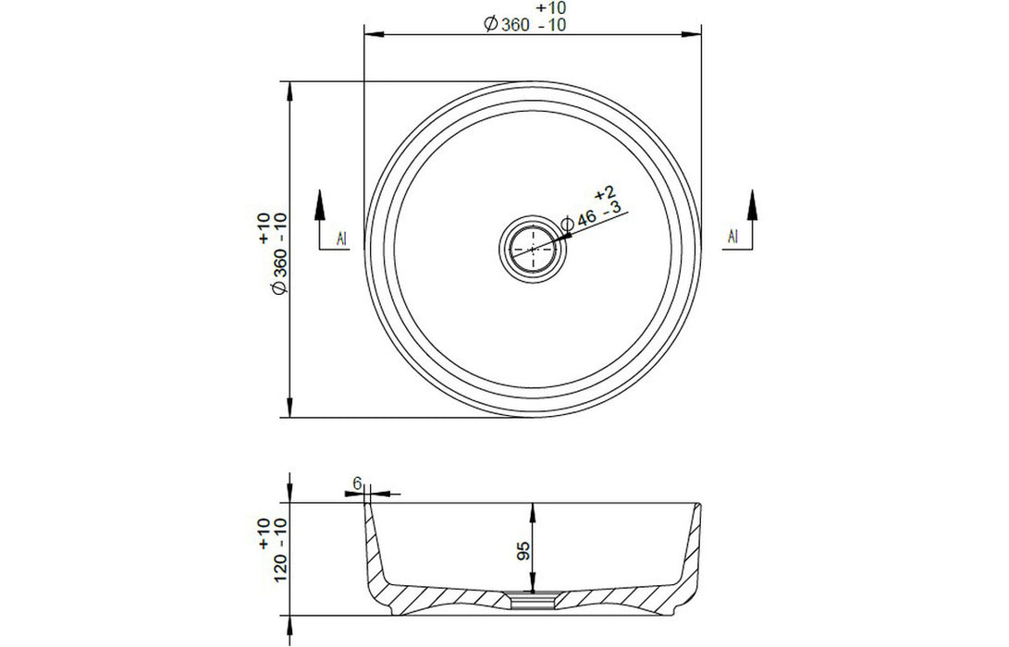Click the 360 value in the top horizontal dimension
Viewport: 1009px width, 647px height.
[x=515, y=25]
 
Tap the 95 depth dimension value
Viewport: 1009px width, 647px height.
[x=523, y=551]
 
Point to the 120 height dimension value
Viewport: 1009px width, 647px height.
[x=280, y=568]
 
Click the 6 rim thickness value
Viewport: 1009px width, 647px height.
[x=358, y=482]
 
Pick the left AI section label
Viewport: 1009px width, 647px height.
[x=341, y=238]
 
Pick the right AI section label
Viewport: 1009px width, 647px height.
[x=732, y=236]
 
